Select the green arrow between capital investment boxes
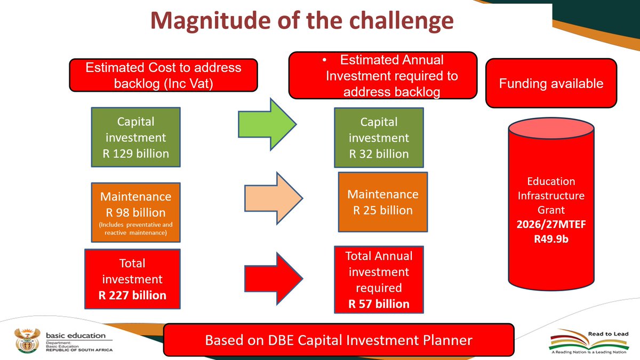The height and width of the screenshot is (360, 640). point(266,124)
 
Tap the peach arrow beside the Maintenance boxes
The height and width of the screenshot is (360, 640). point(273,197)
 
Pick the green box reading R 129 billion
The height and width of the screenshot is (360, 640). point(135,138)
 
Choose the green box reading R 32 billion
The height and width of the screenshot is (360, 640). point(379,138)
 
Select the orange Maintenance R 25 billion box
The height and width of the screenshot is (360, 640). point(382,202)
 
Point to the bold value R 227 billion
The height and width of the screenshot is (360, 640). point(132,295)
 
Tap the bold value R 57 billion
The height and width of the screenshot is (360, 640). point(379,305)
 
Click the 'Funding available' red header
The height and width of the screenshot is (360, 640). point(551,83)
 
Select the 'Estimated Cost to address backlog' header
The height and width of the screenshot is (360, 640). point(164,75)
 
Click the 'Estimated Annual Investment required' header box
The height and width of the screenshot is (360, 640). point(382,76)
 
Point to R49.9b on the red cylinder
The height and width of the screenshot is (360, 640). point(551,239)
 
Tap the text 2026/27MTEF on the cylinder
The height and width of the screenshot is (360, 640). point(551,225)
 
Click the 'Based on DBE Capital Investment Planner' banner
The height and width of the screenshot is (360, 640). point(339,340)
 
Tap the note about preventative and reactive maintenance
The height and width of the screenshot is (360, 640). point(135,228)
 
